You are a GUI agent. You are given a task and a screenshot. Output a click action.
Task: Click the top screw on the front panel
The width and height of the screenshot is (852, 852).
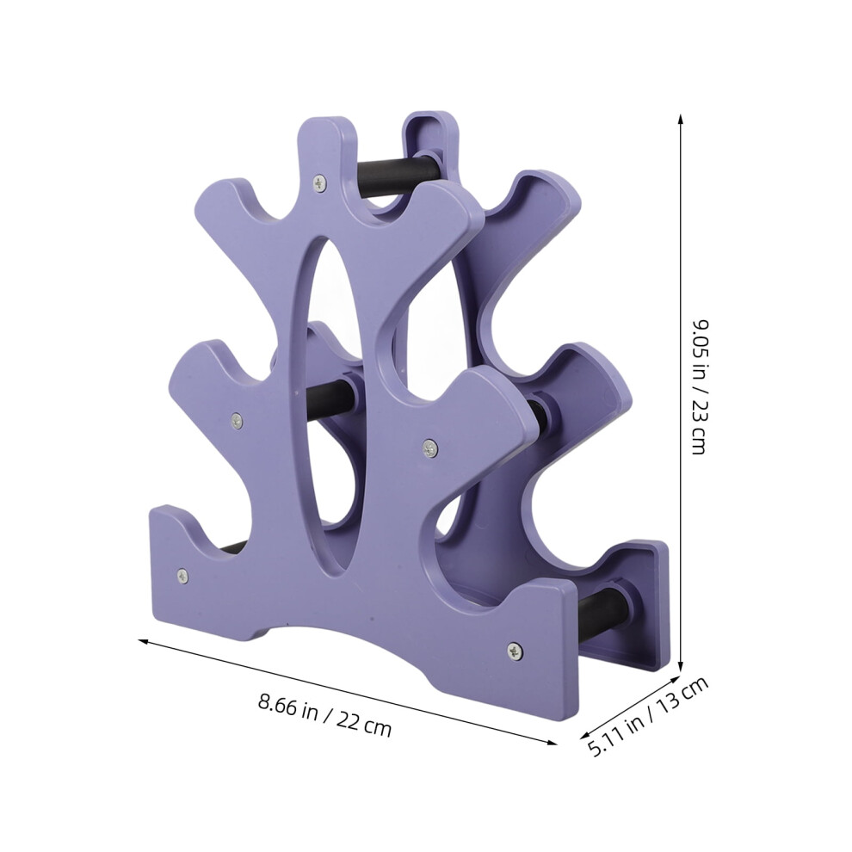320,182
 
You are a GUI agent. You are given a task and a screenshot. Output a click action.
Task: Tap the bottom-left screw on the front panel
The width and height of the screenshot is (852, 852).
182,576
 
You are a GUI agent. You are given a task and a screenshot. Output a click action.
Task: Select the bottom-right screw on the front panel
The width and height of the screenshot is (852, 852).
516,651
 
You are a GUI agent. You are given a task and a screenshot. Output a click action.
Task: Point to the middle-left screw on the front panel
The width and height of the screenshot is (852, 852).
236,419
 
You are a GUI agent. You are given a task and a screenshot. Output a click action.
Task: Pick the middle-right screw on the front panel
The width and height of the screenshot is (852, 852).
430,448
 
